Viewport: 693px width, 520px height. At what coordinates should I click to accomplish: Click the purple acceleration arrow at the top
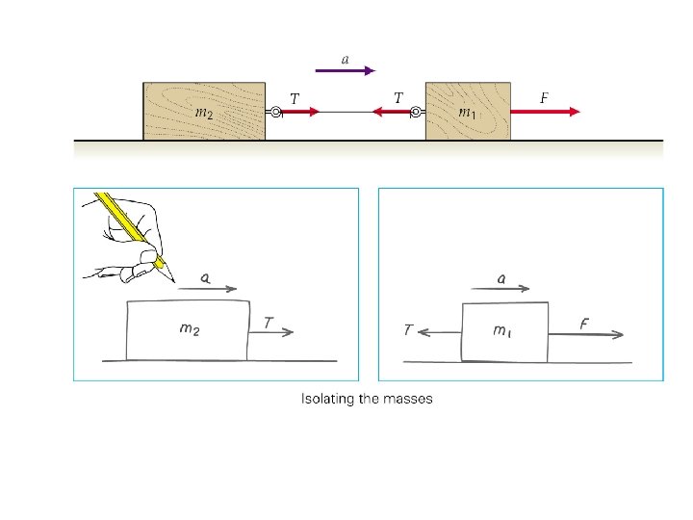345,70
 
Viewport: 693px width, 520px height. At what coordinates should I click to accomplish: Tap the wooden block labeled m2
204,111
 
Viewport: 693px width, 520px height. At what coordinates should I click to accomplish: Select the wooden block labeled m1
467,111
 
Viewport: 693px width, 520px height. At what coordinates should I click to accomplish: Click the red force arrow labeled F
545,112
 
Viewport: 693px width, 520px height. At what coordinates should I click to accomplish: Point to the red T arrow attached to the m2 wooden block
300,112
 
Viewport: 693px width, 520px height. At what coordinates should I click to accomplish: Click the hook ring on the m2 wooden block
274,112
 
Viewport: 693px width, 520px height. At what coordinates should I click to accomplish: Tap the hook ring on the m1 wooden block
416,112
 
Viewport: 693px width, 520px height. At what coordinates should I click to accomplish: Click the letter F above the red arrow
544,97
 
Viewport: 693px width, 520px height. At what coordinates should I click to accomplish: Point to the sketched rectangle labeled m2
188,329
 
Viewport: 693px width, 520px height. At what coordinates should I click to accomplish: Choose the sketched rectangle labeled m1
504,331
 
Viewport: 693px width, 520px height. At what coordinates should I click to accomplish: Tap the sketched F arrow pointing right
586,334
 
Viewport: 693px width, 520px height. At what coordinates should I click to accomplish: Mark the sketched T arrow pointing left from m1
439,332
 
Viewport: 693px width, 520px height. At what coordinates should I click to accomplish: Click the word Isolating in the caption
326,399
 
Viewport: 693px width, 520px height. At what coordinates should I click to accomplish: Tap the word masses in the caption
408,399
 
